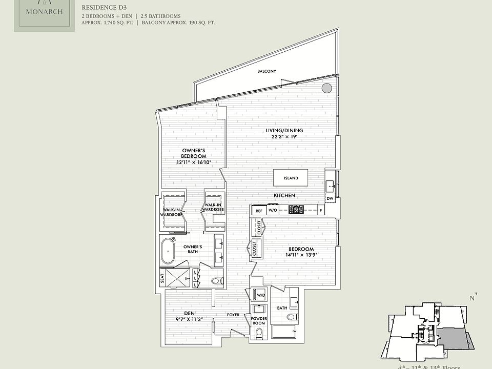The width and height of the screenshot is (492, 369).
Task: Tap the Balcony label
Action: [266, 71]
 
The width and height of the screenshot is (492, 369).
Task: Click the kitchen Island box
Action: [291, 178]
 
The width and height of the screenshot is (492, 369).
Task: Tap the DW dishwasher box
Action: [330, 198]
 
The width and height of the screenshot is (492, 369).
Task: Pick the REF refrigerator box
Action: [259, 210]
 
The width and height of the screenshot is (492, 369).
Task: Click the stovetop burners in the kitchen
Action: [296, 210]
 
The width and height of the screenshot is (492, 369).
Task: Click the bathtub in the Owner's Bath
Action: [168, 253]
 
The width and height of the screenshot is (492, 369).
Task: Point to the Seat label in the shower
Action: [162, 278]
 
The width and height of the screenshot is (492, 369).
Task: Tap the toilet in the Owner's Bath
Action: [217, 280]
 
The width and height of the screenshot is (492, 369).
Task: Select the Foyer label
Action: [234, 315]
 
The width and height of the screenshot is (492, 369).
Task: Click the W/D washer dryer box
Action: [260, 295]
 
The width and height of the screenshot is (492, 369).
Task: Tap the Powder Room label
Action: [259, 321]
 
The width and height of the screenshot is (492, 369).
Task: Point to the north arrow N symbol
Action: [473, 298]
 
